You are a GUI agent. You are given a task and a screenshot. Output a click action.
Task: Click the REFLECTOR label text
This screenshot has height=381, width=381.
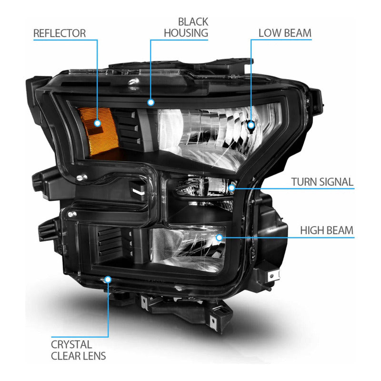[x=60, y=33]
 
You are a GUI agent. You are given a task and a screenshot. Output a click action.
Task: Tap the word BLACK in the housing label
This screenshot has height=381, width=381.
[x=193, y=22]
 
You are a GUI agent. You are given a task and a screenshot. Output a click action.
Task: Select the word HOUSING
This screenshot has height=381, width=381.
[x=186, y=33]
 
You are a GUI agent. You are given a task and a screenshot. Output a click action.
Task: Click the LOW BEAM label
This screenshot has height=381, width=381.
[x=285, y=33]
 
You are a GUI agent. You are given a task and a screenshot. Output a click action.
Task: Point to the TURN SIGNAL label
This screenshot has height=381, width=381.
[x=322, y=182]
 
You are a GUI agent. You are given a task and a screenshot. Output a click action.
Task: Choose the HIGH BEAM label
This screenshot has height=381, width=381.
[x=327, y=231]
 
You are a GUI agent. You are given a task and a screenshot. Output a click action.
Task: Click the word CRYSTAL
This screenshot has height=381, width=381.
[x=71, y=344]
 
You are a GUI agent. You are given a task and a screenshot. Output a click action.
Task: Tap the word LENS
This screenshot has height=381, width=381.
[x=94, y=356]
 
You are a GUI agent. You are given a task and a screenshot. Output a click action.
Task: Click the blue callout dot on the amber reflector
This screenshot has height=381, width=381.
[x=98, y=123]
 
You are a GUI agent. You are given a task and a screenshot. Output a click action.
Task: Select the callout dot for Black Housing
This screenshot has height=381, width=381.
[x=151, y=102]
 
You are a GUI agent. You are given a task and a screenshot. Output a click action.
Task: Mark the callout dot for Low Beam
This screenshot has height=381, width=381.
[x=251, y=125]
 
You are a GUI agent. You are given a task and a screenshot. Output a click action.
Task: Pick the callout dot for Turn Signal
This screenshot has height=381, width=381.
[x=232, y=188]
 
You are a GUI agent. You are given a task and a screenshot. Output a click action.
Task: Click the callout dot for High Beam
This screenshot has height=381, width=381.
[x=219, y=237]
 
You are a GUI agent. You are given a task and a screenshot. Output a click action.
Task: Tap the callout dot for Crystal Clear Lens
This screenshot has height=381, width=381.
[x=108, y=280]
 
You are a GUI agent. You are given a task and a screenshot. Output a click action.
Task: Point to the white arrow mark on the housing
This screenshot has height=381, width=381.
[x=138, y=192]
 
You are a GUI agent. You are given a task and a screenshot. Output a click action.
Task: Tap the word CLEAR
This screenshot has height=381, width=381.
[x=65, y=356]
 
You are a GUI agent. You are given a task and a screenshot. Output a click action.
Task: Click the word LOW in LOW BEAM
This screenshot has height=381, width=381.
[x=269, y=33]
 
